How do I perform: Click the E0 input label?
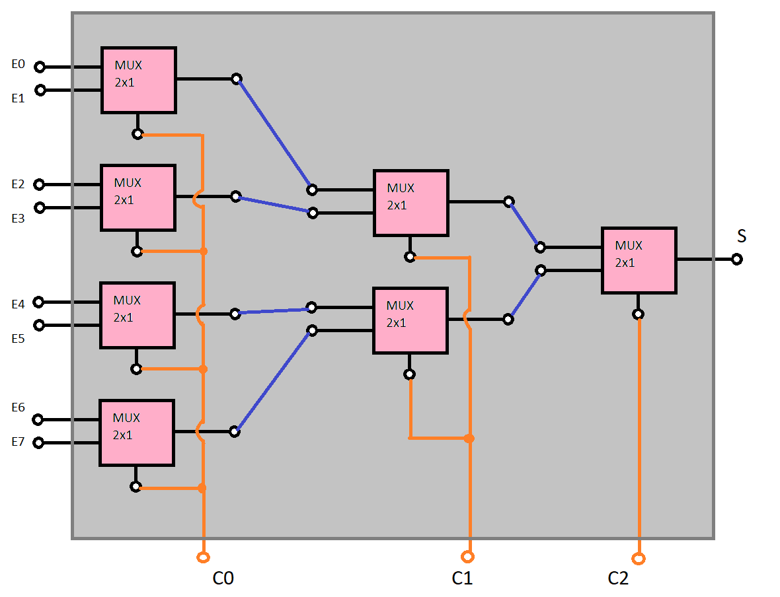click(18, 64)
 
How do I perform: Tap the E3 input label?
click(18, 219)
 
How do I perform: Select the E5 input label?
click(18, 338)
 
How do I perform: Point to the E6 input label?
click(18, 407)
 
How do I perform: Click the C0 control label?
click(223, 579)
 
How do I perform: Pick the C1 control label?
click(462, 579)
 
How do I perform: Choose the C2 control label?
click(618, 579)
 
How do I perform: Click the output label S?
click(742, 236)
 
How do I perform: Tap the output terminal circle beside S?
click(737, 259)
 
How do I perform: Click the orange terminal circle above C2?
click(638, 559)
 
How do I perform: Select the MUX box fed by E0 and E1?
click(138, 79)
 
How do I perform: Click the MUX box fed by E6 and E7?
click(136, 432)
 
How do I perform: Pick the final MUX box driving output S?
click(639, 260)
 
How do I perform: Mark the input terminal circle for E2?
click(39, 184)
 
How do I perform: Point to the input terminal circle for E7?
click(38, 442)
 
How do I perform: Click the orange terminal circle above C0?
click(203, 557)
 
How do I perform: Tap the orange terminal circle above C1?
click(467, 556)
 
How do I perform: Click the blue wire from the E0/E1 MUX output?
click(274, 134)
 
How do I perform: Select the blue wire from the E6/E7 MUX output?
click(273, 380)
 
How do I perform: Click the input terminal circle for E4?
click(38, 302)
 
